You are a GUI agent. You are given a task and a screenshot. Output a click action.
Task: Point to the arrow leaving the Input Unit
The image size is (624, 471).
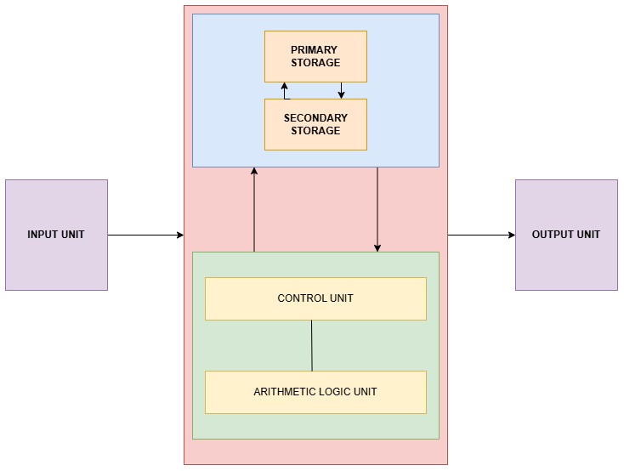pos(145,235)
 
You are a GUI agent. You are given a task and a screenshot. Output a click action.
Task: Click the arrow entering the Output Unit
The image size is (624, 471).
pos(481,235)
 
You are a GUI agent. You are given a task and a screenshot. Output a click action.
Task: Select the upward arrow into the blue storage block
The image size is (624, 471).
pos(254,209)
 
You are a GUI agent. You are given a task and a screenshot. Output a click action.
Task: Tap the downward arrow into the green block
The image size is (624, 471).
pos(377,209)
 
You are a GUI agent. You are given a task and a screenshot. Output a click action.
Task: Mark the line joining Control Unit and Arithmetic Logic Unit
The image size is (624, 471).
pos(312,345)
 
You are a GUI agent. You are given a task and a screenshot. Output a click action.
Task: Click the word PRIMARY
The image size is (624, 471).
pos(315,50)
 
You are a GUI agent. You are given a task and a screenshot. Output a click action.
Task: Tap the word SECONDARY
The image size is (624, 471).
pos(315,118)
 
